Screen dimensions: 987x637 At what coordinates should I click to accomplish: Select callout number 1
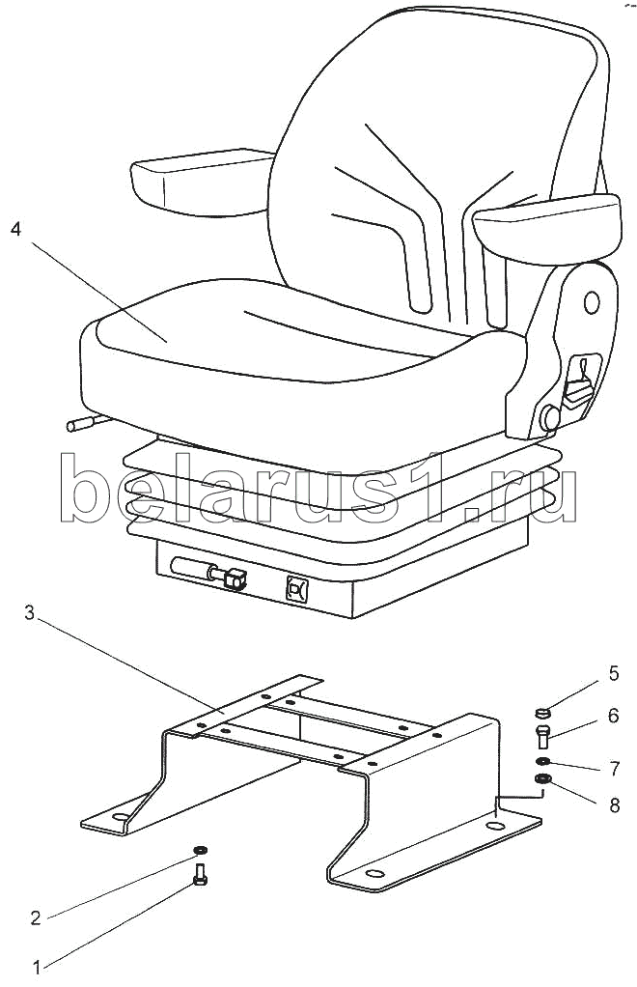[x=38, y=965]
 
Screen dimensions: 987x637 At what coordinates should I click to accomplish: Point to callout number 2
[x=35, y=917]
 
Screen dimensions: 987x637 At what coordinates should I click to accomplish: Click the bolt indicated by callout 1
[x=201, y=874]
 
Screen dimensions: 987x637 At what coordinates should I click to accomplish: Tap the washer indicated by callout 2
[x=200, y=849]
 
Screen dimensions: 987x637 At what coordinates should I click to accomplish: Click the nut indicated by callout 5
[x=541, y=714]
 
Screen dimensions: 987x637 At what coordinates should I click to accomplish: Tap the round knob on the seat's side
[x=551, y=417]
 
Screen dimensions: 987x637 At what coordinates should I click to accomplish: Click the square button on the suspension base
[x=296, y=589]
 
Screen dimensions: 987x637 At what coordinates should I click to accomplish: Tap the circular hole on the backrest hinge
[x=591, y=302]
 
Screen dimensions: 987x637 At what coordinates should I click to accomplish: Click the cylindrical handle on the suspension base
[x=193, y=570]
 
